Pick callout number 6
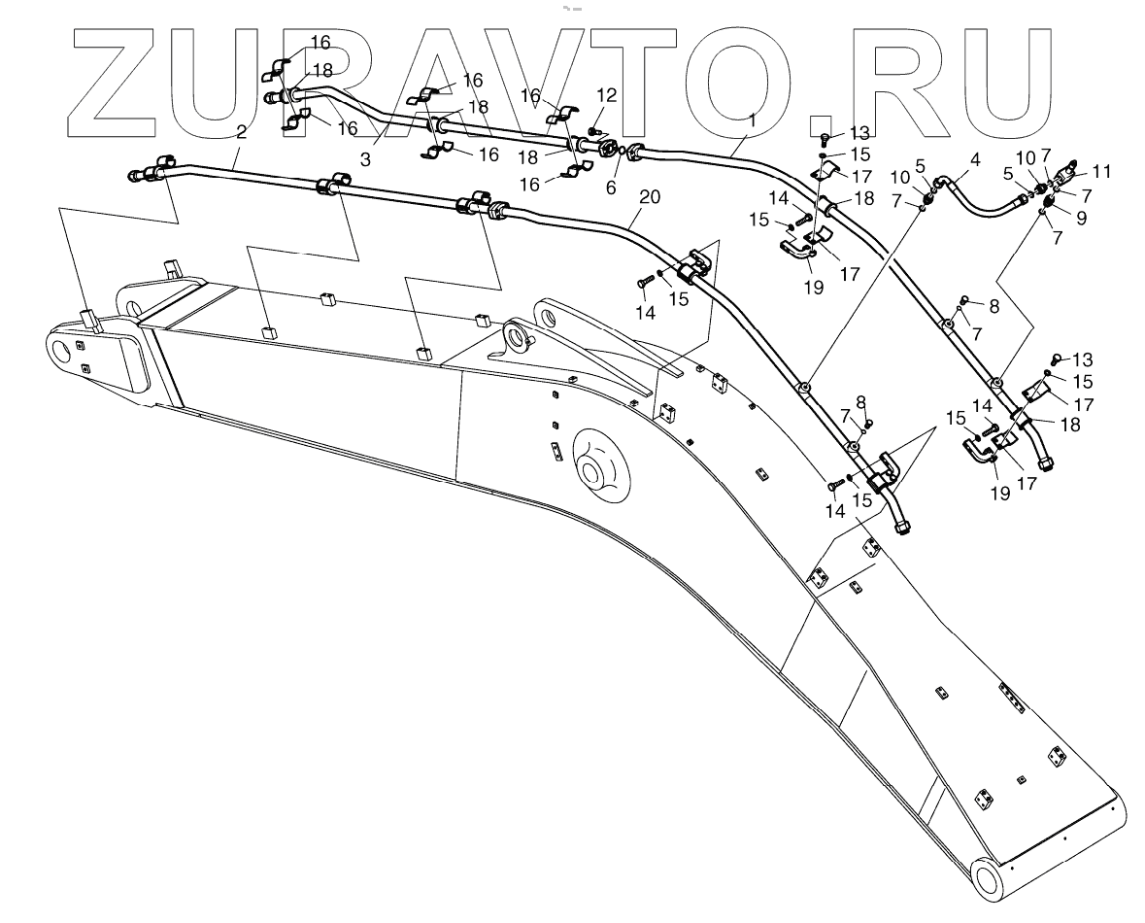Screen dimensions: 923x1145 (611, 188)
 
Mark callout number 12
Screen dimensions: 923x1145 (607, 95)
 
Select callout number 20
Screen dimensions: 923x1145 (650, 196)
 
